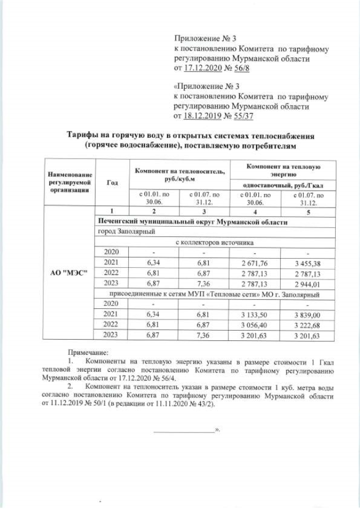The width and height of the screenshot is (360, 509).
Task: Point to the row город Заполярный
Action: coord(127,232)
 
